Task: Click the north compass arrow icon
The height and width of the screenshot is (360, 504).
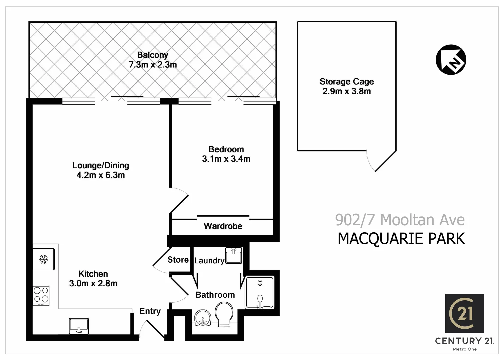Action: click(x=451, y=60)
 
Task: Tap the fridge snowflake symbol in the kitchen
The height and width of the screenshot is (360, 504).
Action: click(x=44, y=259)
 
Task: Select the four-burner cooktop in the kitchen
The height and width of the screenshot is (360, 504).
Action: click(x=41, y=296)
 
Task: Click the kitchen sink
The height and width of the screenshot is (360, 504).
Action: click(x=79, y=326)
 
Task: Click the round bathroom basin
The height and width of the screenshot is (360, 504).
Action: click(x=203, y=318)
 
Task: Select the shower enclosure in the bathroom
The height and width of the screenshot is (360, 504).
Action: click(x=260, y=292)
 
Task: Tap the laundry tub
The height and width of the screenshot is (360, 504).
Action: click(x=234, y=256)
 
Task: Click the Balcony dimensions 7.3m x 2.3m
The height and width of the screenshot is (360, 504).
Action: click(x=153, y=65)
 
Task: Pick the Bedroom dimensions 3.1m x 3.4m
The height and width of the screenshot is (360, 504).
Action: click(x=226, y=159)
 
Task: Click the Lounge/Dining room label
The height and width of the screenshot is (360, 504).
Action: click(x=101, y=165)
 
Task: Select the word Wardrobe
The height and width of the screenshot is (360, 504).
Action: click(x=223, y=226)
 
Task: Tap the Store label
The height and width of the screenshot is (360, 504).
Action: click(x=178, y=260)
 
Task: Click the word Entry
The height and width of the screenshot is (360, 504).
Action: click(x=150, y=311)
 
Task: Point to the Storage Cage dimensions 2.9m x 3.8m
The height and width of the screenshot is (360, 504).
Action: click(x=346, y=91)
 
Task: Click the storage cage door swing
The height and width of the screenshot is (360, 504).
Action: click(x=380, y=162)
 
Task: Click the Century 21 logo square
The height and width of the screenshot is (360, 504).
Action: click(x=465, y=313)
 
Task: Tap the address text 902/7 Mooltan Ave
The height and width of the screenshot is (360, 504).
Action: click(x=400, y=220)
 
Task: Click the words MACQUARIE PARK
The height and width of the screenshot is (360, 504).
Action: click(x=401, y=239)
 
